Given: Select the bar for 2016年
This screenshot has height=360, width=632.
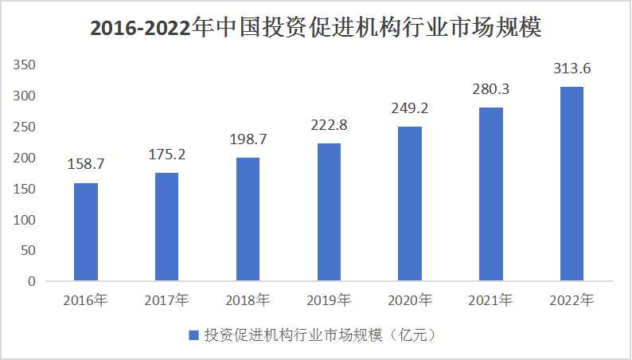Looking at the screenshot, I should (86, 232).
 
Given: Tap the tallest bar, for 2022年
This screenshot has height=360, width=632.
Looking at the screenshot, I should (572, 184).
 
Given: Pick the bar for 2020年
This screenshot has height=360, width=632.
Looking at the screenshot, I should (410, 204).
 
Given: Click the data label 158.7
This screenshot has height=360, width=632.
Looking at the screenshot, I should (86, 165).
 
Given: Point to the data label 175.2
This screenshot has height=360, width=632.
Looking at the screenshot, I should (166, 154).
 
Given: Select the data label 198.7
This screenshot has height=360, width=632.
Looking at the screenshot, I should (248, 139).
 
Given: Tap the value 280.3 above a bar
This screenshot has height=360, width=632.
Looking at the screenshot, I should (491, 89).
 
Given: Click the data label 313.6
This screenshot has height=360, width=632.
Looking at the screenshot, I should (572, 68).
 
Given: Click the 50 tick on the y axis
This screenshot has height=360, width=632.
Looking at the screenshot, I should (29, 250).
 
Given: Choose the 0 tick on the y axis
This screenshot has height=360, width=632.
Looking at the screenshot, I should (33, 281).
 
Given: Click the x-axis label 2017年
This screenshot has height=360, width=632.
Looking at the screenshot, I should (166, 301).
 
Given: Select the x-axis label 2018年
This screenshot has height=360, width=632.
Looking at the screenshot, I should (248, 301).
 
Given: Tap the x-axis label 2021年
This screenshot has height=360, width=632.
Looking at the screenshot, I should (491, 301).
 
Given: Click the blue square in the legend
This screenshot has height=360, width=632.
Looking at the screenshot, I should (193, 335).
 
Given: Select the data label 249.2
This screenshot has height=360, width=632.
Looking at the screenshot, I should (410, 108).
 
